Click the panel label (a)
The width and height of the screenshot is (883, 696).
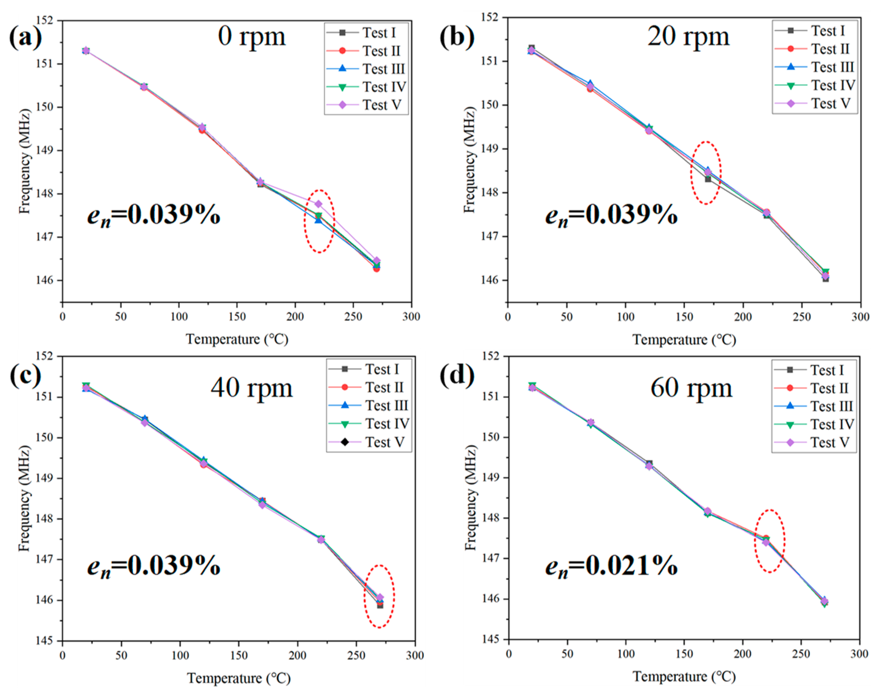pos(25,37)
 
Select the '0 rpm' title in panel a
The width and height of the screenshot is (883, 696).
pos(252,37)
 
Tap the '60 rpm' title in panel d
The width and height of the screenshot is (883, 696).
pos(691,388)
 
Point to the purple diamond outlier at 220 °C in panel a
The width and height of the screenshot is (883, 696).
pos(318,204)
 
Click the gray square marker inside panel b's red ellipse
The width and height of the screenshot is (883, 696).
pos(708,179)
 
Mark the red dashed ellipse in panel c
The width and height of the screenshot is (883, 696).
pos(379,596)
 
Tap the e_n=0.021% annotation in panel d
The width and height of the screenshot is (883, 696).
pos(611,566)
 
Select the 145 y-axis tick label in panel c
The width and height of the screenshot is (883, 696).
pos(45,641)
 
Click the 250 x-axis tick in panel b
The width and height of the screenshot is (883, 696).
pos(801,317)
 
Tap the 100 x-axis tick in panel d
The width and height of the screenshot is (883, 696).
pos(626,654)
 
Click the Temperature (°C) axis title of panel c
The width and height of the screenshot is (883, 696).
pos(239,678)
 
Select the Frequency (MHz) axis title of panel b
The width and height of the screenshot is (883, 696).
pos(470,160)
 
